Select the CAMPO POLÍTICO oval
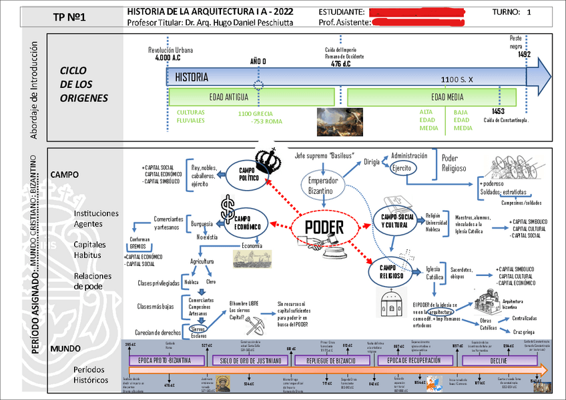pyautogui.click(x=248, y=175)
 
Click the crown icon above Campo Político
pyautogui.click(x=270, y=158)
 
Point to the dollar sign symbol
pyautogui.click(x=228, y=203)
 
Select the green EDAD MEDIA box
pyautogui.click(x=439, y=96)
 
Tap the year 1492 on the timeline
pyautogui.click(x=524, y=55)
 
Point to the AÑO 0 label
pyautogui.click(x=258, y=61)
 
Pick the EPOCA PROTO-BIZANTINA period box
pyautogui.click(x=165, y=361)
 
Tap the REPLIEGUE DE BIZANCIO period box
pyautogui.click(x=332, y=361)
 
